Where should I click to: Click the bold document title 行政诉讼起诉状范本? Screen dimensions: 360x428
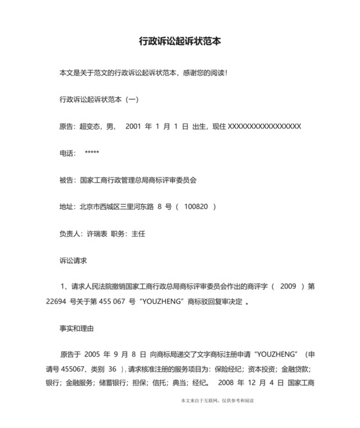click(x=180, y=41)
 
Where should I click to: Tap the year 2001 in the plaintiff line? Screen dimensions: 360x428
click(x=134, y=126)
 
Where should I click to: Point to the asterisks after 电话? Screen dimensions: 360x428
click(x=91, y=153)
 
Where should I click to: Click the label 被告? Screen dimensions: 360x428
click(x=66, y=180)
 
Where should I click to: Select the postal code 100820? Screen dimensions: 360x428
click(x=196, y=207)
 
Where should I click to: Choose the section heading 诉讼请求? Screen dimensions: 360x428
click(x=73, y=261)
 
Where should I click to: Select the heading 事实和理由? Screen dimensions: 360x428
click(x=76, y=328)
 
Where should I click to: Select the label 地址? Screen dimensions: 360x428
click(x=66, y=207)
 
